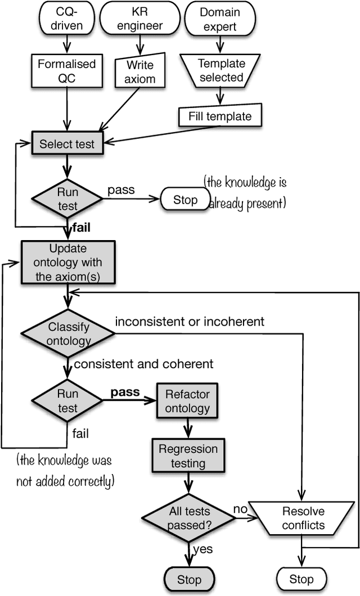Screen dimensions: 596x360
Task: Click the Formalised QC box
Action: pyautogui.click(x=67, y=71)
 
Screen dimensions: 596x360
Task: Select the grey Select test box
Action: pyautogui.click(x=67, y=145)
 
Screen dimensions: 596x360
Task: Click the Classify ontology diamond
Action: pyautogui.click(x=68, y=334)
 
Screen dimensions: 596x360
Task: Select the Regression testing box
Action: pyautogui.click(x=188, y=457)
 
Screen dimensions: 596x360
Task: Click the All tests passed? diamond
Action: pyautogui.click(x=189, y=518)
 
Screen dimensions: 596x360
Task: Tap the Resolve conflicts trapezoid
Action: pyautogui.click(x=303, y=518)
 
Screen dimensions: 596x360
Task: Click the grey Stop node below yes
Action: pyautogui.click(x=189, y=579)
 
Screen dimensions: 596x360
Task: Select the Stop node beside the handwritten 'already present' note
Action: pyautogui.click(x=185, y=200)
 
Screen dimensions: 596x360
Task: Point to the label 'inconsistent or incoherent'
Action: pyautogui.click(x=190, y=322)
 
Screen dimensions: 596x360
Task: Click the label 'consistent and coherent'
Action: pyautogui.click(x=143, y=364)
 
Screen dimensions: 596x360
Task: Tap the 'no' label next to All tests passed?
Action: pyautogui.click(x=240, y=508)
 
